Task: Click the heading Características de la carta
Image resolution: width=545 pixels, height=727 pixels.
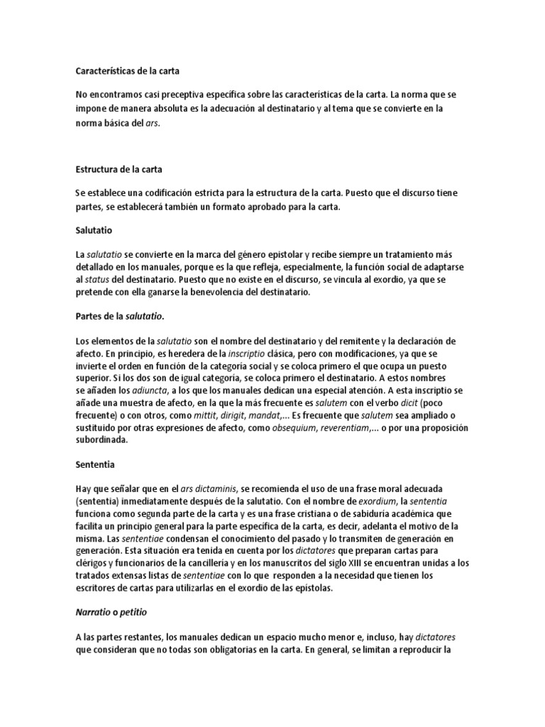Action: pos(132,71)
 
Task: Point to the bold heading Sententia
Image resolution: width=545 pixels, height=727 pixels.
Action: pos(96,465)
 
